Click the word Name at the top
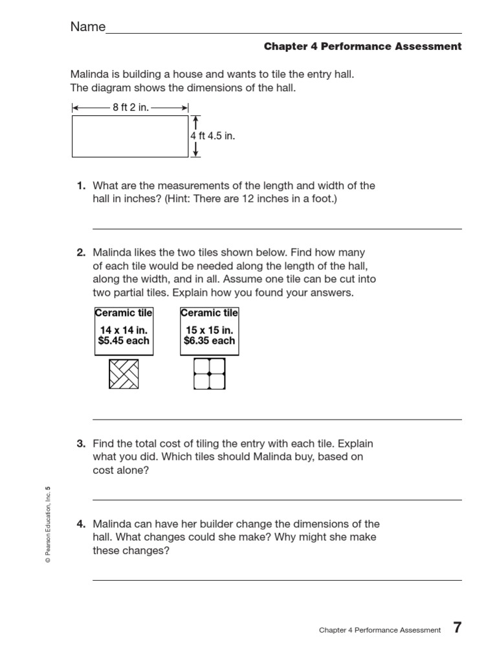pos(87,27)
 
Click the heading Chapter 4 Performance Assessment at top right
pos(362,47)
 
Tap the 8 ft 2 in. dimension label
pos(131,107)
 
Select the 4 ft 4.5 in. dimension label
pos(212,136)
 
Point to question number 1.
pos(81,186)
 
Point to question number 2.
pos(81,253)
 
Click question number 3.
pos(81,444)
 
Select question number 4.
pos(81,524)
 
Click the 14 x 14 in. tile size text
pos(124,330)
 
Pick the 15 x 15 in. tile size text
pos(209,330)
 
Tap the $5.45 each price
pos(124,341)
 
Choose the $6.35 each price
pos(209,341)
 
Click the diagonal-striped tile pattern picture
pos(124,374)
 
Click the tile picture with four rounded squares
pos(209,374)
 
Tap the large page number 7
pos(457,628)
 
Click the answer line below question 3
pos(277,499)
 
